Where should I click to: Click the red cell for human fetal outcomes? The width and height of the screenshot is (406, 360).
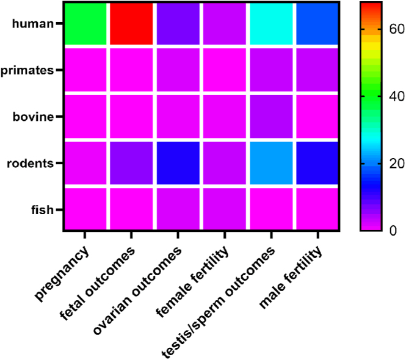tap(131, 24)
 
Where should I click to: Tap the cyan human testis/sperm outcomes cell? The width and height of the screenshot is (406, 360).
tap(270, 24)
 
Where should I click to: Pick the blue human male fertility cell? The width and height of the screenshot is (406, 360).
tap(317, 24)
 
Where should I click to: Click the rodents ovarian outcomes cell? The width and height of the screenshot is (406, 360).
tap(178, 163)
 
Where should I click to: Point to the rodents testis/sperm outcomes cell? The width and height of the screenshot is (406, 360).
tap(270, 163)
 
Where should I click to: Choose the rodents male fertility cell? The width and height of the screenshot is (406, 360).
tap(317, 163)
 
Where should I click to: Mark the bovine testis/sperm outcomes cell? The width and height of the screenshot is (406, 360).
tap(270, 117)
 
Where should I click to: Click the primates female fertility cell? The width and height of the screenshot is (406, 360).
tap(224, 70)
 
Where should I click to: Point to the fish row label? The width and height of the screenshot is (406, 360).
tap(40, 210)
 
